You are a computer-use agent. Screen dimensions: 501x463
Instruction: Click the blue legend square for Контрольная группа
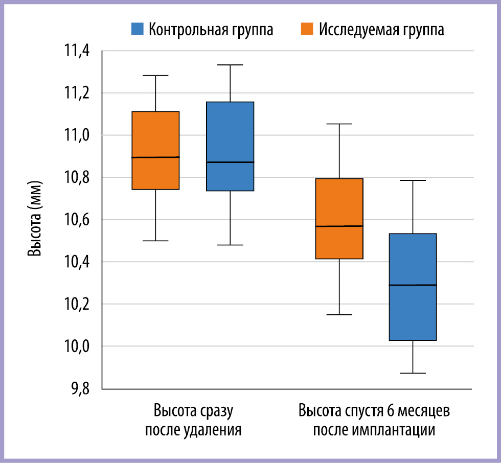point(138,29)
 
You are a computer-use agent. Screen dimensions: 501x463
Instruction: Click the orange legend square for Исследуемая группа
point(307,29)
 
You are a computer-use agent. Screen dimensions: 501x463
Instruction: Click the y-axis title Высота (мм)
point(35,219)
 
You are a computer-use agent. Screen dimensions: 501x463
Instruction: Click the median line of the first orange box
point(155,157)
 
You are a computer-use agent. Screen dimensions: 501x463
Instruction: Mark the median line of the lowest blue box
point(413,285)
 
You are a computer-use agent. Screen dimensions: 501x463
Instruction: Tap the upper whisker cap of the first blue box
point(230,65)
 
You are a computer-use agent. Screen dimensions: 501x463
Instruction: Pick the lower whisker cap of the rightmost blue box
point(413,373)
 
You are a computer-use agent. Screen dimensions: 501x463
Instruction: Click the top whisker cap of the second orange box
point(339,124)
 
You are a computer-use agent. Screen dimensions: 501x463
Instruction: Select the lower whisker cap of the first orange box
point(155,240)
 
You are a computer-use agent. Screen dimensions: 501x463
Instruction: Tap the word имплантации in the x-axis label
point(394,430)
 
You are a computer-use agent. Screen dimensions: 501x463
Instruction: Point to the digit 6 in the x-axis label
point(390,411)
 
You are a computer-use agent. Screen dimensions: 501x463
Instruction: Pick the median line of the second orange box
point(339,226)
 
